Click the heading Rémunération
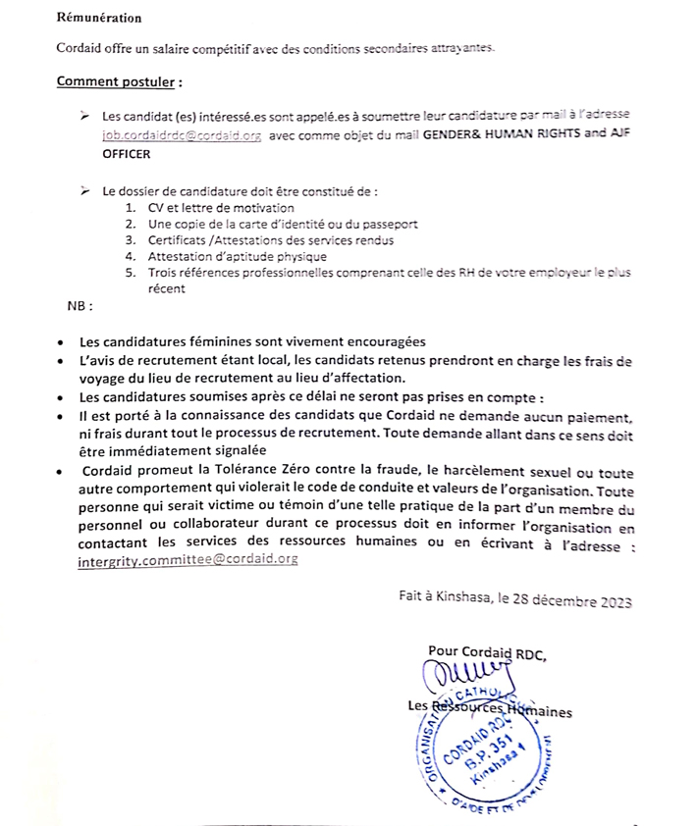98,18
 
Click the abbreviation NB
79,306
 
